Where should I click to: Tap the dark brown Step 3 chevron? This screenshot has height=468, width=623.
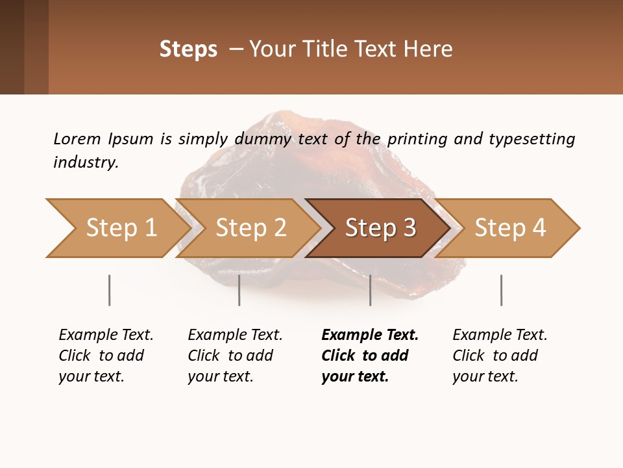point(380,228)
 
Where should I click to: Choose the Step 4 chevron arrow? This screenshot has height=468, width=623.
point(509,228)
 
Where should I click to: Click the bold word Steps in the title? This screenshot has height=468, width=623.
point(188,49)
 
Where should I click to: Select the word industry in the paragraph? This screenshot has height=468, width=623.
point(86,162)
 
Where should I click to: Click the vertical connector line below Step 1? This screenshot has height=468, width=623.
point(110,290)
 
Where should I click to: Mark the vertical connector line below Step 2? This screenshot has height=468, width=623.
point(239,290)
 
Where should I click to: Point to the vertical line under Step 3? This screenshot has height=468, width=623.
point(370,290)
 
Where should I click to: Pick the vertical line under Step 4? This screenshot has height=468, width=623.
point(501,290)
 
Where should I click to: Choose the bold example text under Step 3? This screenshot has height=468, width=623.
point(369,356)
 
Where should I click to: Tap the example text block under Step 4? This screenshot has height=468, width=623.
point(499,356)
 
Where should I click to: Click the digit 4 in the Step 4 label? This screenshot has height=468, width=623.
point(538,228)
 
